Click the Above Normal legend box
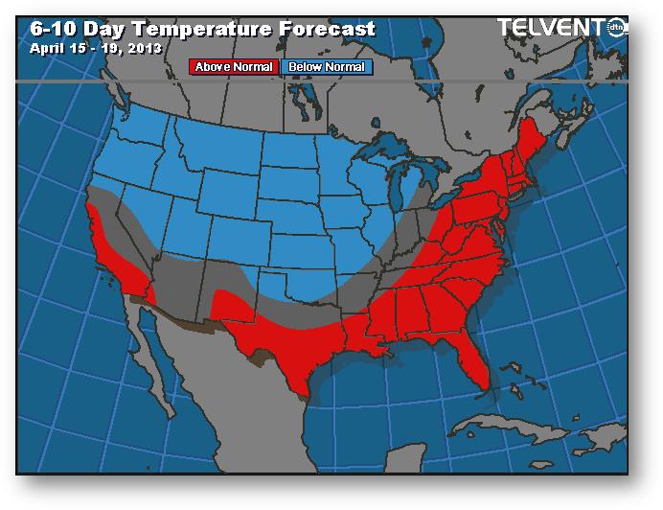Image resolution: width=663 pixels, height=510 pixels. coord(235,67)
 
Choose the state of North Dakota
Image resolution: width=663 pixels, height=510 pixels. coord(285,153)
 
